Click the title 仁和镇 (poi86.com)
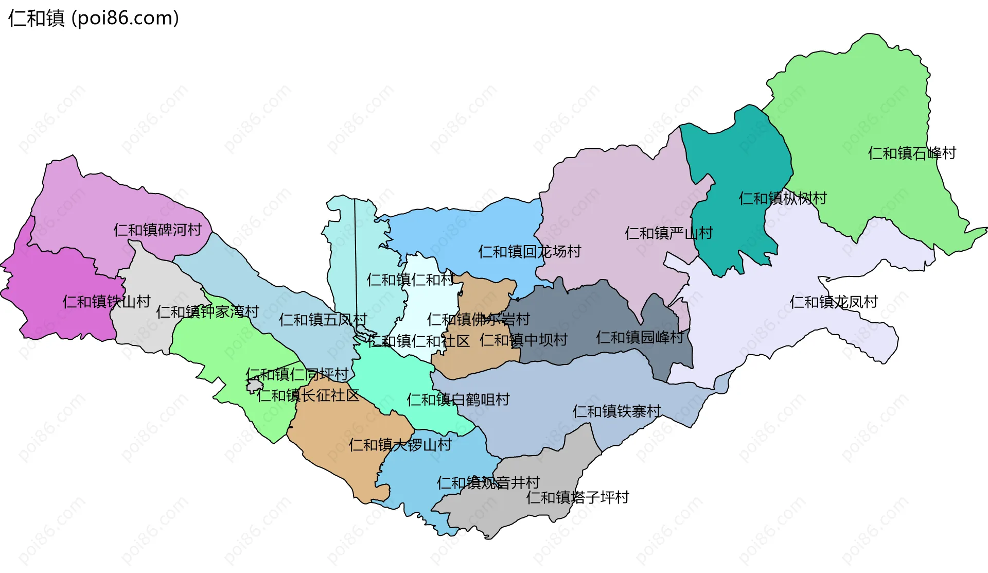coord(94,19)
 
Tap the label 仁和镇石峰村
coord(911,153)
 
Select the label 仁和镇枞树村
coord(782,199)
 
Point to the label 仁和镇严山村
coord(668,234)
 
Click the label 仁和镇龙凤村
coord(833,302)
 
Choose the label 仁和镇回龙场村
coord(529,252)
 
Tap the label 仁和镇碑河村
coord(157,230)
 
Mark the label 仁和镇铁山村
coord(106,302)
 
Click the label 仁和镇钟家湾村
coord(207,312)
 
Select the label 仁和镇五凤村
coord(323,320)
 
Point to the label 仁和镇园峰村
coord(639,338)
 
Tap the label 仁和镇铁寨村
coord(616,411)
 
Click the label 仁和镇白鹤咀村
coord(457,400)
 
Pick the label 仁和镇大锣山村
coord(400,445)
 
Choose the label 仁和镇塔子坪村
coord(577,498)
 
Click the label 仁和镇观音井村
coord(488,483)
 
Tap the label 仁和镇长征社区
coord(308,396)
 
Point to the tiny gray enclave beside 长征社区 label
coord(254,385)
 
